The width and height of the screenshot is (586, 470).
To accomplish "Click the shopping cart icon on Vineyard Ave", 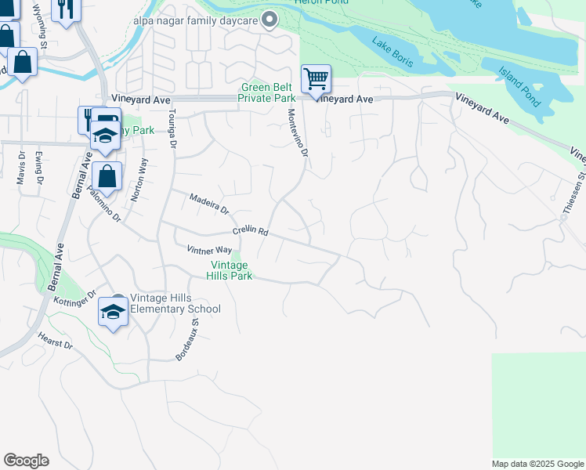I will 316,78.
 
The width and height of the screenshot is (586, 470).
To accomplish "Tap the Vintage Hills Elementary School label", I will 175,303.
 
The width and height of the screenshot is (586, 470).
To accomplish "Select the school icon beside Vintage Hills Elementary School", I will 113,313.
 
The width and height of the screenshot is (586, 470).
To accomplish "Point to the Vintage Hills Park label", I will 229,270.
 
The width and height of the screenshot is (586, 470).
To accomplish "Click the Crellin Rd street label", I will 251,233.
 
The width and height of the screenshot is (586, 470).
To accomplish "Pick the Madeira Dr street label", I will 209,205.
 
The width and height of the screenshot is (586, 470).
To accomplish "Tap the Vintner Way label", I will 209,250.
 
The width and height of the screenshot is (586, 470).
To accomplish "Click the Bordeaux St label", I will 188,334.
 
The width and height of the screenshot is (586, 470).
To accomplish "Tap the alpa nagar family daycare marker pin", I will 271,19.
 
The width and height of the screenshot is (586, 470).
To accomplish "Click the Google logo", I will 26,461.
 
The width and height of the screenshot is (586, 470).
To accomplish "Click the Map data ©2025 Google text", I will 537,464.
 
